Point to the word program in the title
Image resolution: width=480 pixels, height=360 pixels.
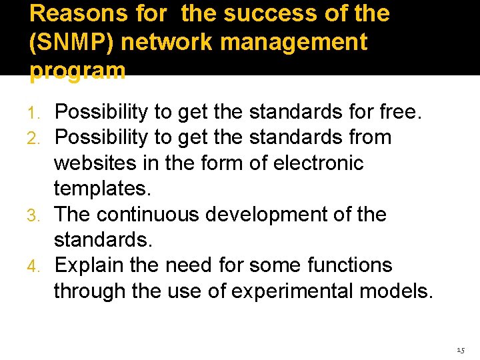coord(77,71)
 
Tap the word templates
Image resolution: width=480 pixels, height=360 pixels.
coord(101,189)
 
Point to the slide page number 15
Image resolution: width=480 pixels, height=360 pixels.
coord(461,350)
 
